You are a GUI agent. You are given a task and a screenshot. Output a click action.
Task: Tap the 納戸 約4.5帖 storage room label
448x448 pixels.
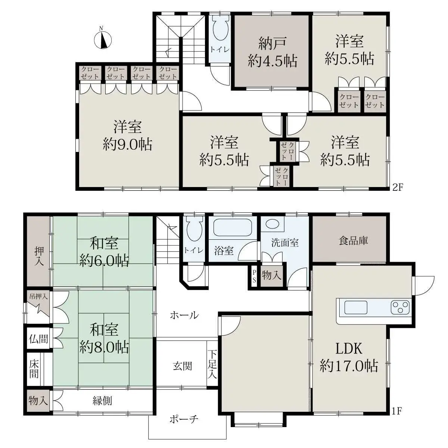tap(273, 52)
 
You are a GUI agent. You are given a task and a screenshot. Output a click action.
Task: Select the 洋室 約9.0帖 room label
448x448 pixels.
tap(127, 135)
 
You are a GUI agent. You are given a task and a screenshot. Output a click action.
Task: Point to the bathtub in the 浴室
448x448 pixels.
tap(233, 227)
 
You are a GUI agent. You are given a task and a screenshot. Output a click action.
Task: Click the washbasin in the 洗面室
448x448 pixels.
tap(272, 224)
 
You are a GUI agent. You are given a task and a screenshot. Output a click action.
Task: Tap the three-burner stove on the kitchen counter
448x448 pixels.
tap(400, 307)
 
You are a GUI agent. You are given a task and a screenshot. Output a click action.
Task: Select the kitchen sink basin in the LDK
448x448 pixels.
tap(356, 307)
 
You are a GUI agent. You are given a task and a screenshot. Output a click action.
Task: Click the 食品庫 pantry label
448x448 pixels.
tap(353, 241)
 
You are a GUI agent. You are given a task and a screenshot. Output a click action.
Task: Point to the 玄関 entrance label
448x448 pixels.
tap(182, 366)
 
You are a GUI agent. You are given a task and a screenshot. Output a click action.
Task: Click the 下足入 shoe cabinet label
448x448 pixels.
tap(212, 364)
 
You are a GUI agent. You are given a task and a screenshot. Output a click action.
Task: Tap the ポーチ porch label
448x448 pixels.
tap(184, 419)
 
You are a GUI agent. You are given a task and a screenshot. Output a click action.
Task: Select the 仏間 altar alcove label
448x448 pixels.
tap(38, 339)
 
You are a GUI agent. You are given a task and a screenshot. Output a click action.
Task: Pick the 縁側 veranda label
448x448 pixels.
tap(102, 401)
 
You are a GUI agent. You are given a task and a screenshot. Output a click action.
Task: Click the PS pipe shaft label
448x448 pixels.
tap(254, 276)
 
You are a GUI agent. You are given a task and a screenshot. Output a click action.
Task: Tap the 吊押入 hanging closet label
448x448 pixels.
tap(38, 296)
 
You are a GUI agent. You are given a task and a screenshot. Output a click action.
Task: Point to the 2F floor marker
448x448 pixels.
tap(397, 187)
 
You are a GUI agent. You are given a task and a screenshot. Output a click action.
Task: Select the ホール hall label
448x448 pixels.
tap(184, 315)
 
